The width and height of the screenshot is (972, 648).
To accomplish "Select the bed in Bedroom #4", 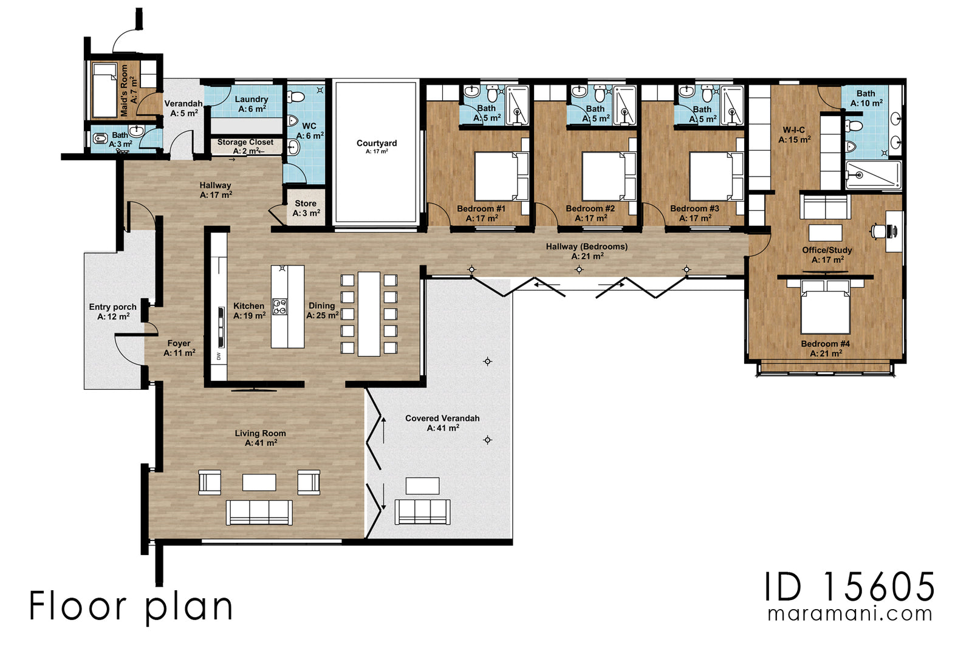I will point(825,308).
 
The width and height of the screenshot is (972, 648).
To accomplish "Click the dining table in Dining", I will point(369,313).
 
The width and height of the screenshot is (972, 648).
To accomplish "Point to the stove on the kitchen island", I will point(279,307).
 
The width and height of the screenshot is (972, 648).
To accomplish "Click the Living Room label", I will point(260,438).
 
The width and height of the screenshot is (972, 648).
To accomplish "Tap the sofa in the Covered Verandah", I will point(422,512).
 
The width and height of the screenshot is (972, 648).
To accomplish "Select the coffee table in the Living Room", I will point(259,482).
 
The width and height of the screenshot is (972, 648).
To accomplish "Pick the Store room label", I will point(306,208).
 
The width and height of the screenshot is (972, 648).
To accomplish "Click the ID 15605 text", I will point(849,587).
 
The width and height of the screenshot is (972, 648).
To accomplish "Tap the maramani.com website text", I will point(849,613).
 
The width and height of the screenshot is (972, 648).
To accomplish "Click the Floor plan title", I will point(131,606).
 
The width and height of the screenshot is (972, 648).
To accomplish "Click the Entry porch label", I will point(112,312).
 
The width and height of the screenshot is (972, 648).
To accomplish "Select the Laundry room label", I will point(251,104).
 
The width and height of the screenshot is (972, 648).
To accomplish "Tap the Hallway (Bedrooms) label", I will point(586,251).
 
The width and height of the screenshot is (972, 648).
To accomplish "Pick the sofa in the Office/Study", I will point(825,206).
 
